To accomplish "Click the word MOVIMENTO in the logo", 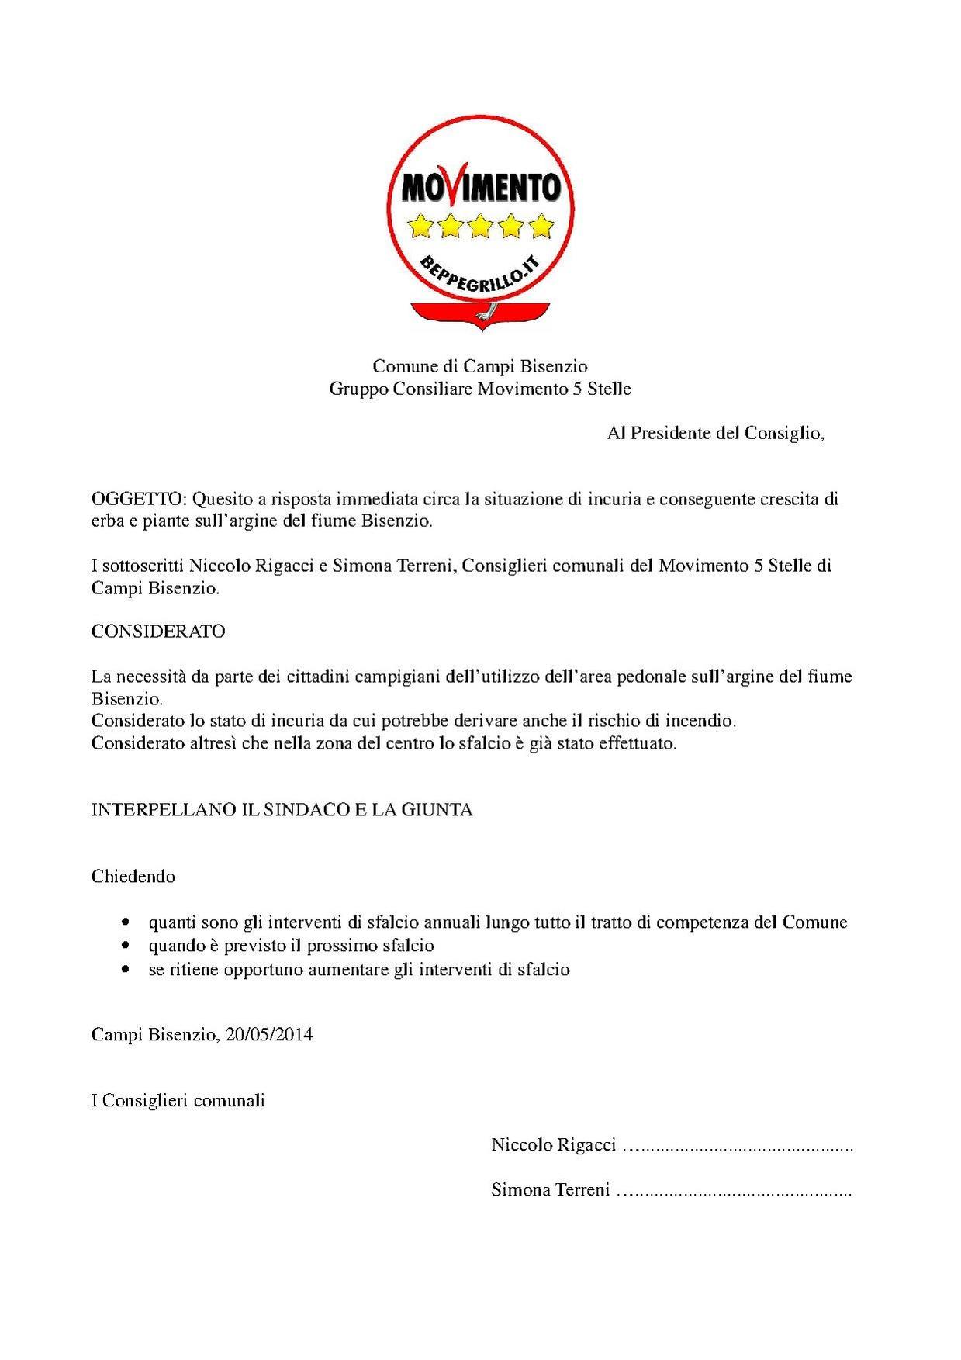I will click(481, 187).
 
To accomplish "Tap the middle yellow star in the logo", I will click(481, 226).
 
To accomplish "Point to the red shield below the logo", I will click(480, 314).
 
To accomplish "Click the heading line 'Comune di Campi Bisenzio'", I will click(480, 366).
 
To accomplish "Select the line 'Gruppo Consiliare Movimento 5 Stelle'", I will click(480, 389).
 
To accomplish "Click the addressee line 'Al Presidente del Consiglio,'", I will click(715, 433).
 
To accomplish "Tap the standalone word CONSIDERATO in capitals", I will click(158, 632).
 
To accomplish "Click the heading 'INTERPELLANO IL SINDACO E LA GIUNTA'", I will click(282, 810).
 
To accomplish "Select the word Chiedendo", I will click(133, 877).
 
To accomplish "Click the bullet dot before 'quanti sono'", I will click(126, 922).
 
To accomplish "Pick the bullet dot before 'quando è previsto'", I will click(126, 946).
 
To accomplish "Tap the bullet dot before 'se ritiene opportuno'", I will click(126, 970).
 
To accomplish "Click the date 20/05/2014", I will click(269, 1035).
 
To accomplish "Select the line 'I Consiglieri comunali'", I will click(178, 1101).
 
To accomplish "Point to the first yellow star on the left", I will click(420, 226).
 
